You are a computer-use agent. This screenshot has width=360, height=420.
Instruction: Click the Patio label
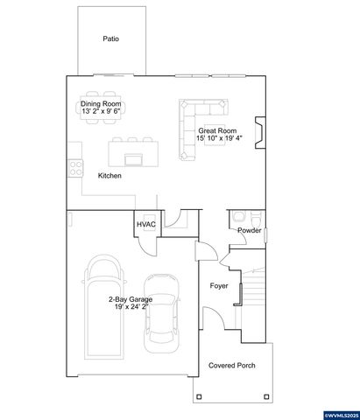coord(110,38)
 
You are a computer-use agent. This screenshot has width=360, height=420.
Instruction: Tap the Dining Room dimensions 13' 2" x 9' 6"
coord(102,112)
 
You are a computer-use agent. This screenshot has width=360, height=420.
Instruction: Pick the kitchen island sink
coord(134,159)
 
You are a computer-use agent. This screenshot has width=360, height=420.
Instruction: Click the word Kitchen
coord(109,176)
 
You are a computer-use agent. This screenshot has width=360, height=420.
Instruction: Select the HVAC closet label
coord(145,224)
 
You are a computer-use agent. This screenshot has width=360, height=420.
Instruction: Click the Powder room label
coord(251,230)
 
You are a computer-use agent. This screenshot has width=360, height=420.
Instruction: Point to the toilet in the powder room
coord(237,218)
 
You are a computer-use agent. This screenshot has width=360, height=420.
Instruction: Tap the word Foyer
coord(219,286)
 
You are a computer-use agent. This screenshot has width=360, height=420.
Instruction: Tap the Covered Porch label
coord(231,365)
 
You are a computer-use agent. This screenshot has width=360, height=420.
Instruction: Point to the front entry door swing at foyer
coord(210,319)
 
